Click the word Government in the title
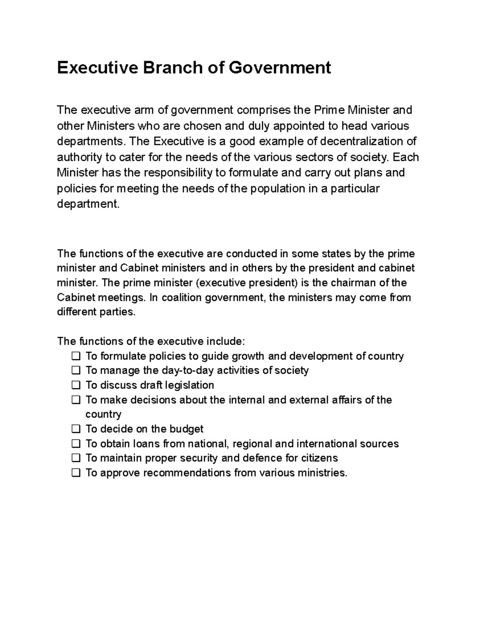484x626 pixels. pyautogui.click(x=280, y=68)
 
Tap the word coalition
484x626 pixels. pyautogui.click(x=180, y=298)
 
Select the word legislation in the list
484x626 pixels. pyautogui.click(x=190, y=385)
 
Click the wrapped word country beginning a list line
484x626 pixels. pyautogui.click(x=103, y=414)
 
